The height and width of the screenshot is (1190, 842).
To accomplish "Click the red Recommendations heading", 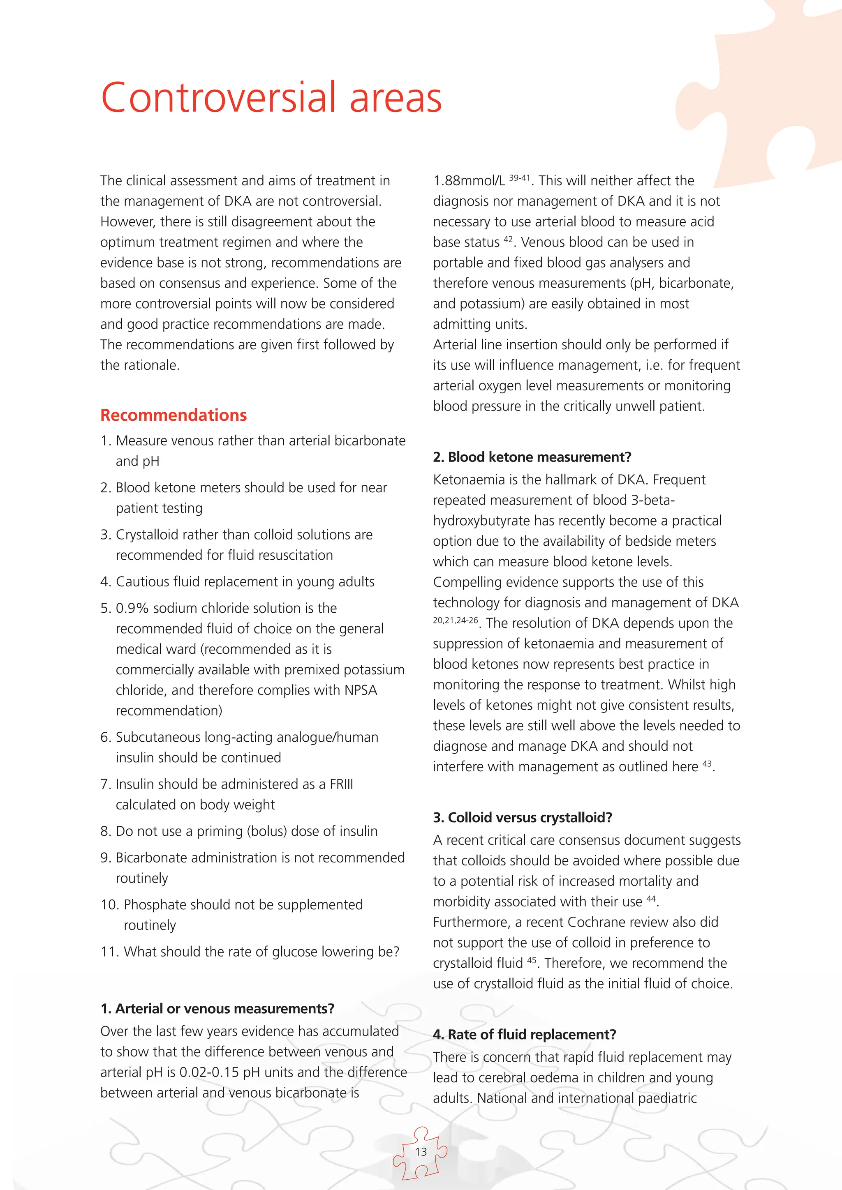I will tap(173, 415).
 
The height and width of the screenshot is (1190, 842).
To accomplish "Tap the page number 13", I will tap(421, 1152).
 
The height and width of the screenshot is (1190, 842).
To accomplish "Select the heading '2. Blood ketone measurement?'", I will tap(532, 457).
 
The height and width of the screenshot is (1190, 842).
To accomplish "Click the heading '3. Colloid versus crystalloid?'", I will tap(522, 817).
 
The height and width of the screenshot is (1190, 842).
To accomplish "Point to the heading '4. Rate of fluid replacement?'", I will tap(524, 1035).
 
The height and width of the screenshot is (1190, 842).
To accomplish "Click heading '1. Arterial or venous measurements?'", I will tap(217, 1009).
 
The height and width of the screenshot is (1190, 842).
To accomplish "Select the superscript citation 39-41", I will tap(520, 178).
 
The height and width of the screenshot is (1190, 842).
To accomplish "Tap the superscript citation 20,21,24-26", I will tap(455, 620).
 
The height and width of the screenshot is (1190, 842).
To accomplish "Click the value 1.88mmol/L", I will tap(469, 181).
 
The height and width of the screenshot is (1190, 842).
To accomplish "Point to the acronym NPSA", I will tap(360, 690).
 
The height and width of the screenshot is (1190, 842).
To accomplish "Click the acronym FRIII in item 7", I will tap(341, 784).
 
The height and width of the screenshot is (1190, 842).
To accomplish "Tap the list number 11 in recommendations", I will tap(110, 952).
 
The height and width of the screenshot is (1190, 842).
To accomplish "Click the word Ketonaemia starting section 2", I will tap(469, 480).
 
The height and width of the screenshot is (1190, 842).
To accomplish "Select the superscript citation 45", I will tap(532, 960).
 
